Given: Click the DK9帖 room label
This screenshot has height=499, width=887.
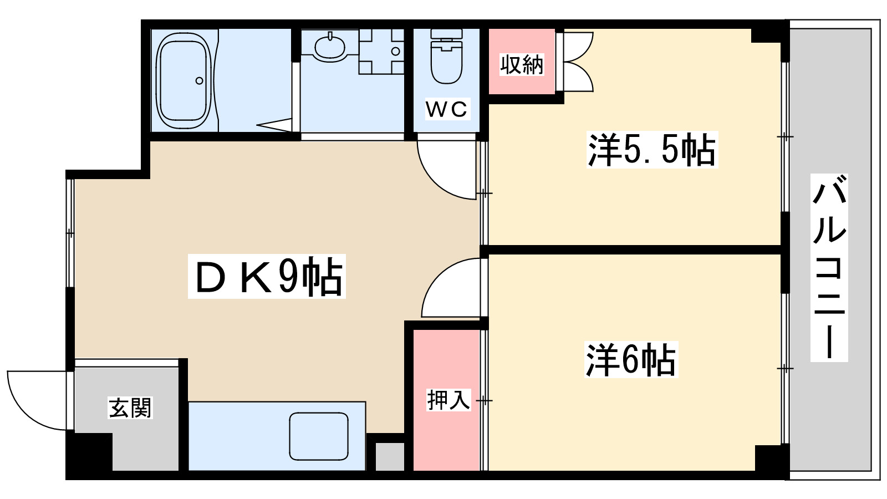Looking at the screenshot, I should coord(267,276).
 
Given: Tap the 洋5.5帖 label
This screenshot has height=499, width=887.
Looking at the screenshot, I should coord(651,150).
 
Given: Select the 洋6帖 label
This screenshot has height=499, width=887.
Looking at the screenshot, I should coord(631,360).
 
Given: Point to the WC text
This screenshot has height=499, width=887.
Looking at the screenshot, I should coord(447,109).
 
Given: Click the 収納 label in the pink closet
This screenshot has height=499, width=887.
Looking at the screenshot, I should coord(522,65).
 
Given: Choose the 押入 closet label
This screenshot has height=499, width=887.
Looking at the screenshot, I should coord(448,399).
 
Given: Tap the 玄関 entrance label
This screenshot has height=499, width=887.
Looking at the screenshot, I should coord(130,408).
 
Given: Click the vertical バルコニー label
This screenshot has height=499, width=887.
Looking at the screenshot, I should coord(829,267).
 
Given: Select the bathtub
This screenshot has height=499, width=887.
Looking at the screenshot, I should coord(183,80).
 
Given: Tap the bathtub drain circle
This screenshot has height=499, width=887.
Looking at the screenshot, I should coord(200,81).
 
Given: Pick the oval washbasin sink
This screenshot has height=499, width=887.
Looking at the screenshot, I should coord(330,47).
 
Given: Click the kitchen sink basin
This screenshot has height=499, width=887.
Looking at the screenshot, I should coord(319,436).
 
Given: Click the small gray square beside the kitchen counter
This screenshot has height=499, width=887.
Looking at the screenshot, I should coord(390,456).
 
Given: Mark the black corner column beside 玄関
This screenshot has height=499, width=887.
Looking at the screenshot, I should coord(89,452).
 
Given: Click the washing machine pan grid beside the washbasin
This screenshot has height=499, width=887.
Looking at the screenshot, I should coord(381,52).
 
